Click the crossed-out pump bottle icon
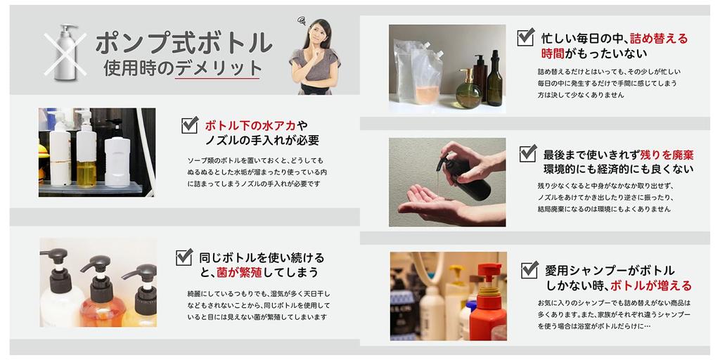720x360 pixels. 65,52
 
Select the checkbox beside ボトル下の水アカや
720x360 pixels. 190,125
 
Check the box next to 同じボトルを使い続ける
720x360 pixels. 184,257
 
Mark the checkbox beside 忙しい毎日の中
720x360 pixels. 526,37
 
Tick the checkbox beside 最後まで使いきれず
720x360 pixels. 528,153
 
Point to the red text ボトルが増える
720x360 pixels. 650,285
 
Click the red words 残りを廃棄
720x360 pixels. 664,155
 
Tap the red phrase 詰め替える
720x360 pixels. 659,39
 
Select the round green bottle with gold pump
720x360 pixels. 468,89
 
